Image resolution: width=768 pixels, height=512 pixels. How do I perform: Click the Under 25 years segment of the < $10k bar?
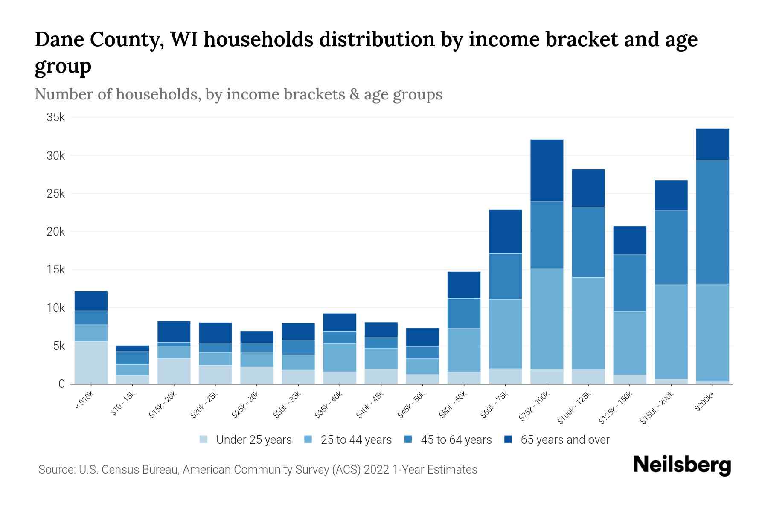(x=91, y=363)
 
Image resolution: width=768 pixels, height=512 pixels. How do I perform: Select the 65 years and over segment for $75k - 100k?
(x=547, y=170)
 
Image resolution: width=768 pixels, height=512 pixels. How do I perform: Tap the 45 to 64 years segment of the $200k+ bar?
(x=712, y=222)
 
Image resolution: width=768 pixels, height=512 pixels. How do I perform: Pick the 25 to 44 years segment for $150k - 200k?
(x=671, y=332)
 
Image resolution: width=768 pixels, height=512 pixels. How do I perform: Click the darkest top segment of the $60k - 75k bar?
(x=505, y=232)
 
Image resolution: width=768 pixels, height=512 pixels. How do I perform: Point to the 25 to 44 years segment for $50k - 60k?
(x=464, y=350)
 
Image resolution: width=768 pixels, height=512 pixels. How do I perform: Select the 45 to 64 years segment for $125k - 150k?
(x=629, y=283)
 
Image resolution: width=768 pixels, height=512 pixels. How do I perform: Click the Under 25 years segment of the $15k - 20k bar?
(x=174, y=371)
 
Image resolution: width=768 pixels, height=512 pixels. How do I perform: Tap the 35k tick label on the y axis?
(x=55, y=117)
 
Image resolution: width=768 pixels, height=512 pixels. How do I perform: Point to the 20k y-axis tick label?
(x=55, y=232)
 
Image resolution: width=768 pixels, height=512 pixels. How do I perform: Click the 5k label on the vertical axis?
(x=59, y=346)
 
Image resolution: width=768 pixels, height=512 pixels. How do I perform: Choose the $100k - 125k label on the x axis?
(x=574, y=407)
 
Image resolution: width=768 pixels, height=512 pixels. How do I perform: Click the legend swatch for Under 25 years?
(x=204, y=439)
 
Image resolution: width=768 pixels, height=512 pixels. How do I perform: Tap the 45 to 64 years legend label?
(x=456, y=440)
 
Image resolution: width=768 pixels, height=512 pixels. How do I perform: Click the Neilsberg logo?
(x=682, y=465)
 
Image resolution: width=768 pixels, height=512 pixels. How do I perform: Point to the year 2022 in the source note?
(x=377, y=470)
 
